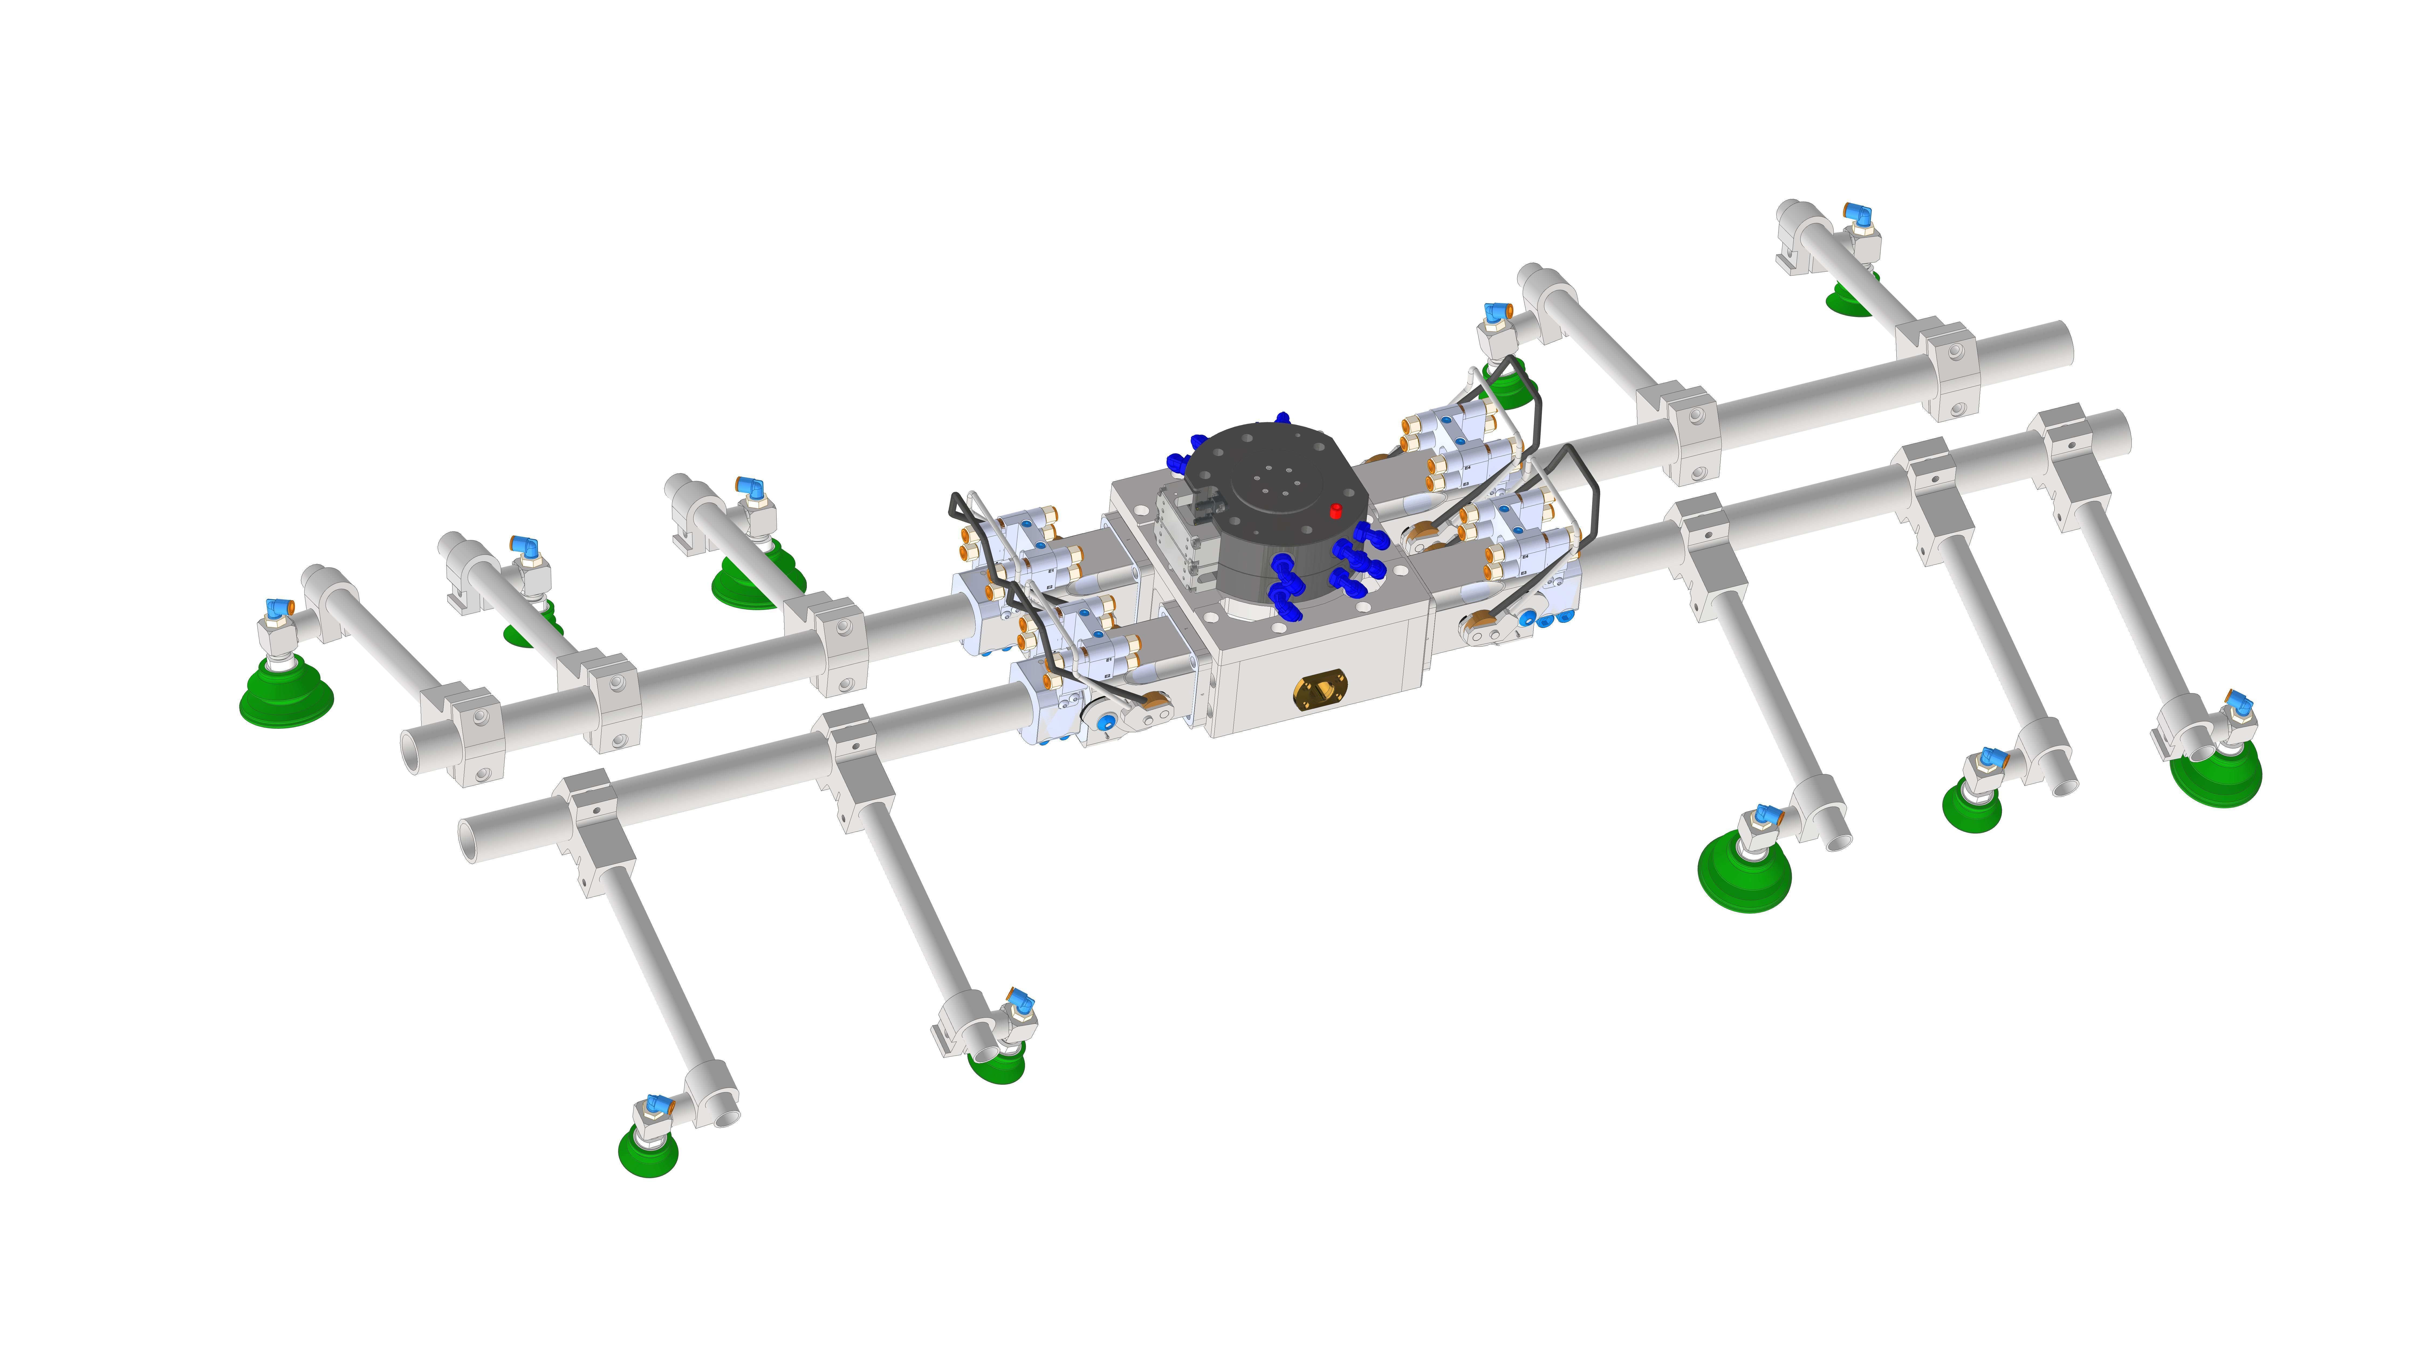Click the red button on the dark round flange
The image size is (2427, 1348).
[1335, 511]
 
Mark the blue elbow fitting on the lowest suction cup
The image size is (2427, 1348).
[656, 1104]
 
